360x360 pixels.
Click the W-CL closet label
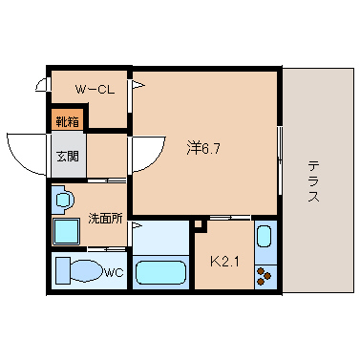coord(95,90)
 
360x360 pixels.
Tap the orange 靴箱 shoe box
coord(68,120)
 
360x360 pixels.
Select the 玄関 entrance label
coord(68,156)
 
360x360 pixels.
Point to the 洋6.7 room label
coord(203,148)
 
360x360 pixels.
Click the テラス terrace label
coord(314,181)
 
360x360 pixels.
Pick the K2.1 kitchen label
coord(224,262)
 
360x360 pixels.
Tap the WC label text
coord(114,272)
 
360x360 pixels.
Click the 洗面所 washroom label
coord(105,219)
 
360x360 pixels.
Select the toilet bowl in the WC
coord(86,270)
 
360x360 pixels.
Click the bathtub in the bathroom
coord(160,272)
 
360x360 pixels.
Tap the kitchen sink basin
coord(265,237)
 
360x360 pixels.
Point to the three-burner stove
coord(265,276)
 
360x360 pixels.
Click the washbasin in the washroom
coord(64,200)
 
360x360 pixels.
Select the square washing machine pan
coord(66,231)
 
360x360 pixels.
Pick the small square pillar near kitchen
coord(199,223)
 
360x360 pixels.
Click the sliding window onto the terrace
coord(280,160)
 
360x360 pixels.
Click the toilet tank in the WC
coord(63,270)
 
